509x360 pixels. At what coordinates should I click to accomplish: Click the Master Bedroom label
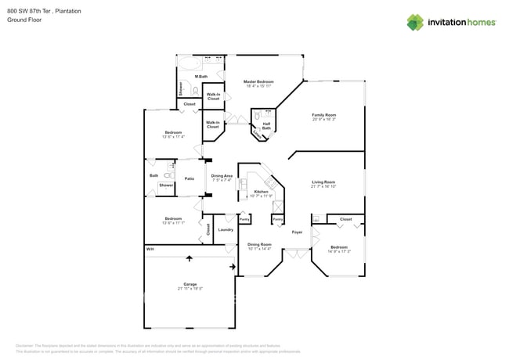[x=258, y=81]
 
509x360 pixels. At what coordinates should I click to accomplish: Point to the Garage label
[x=190, y=284]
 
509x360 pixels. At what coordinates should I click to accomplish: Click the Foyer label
[x=297, y=232]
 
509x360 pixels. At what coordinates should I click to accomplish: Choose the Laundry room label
[x=226, y=229]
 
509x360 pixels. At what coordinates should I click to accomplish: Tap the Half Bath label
[x=266, y=124]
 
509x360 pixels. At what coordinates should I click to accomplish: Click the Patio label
[x=190, y=179]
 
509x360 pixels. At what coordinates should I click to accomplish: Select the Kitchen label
[x=261, y=191]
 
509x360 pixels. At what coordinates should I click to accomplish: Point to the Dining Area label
[x=222, y=176]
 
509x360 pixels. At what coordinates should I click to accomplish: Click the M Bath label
[x=201, y=77]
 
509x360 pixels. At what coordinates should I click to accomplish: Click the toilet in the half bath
[x=256, y=117]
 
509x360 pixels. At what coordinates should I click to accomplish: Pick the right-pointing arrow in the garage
[x=232, y=267]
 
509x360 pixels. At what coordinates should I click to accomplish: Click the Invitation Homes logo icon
[x=415, y=23]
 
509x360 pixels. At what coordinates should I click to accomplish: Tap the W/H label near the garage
[x=150, y=250]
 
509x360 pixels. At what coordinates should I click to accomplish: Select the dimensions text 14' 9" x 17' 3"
[x=338, y=251]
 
